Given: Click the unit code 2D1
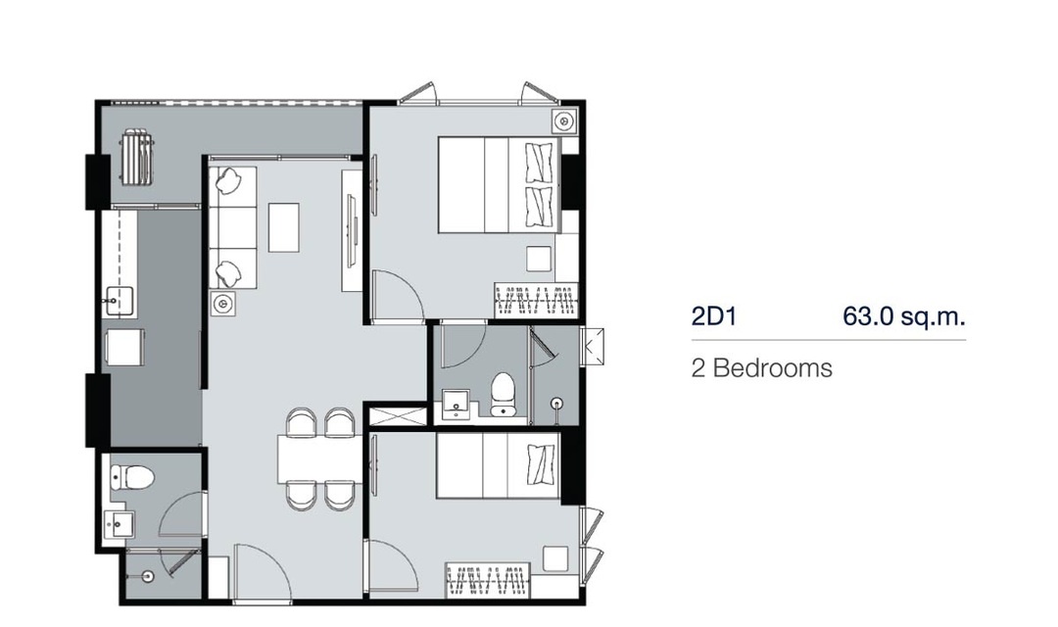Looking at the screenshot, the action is [x=713, y=316].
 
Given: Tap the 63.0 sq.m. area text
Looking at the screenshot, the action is [x=903, y=315].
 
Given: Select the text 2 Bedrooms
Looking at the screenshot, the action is [x=762, y=367].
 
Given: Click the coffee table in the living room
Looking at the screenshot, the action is [x=284, y=227].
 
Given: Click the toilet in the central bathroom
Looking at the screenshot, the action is [x=503, y=393].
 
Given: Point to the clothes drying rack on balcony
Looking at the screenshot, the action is [x=138, y=157].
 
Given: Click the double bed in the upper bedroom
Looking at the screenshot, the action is [x=500, y=185].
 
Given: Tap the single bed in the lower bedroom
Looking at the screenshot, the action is [x=498, y=465].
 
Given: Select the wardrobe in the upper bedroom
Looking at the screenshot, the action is [x=537, y=300].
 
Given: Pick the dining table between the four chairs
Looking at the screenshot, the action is [x=316, y=459].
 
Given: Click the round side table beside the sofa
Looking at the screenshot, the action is [x=221, y=305].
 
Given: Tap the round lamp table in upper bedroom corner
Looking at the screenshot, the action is [x=562, y=121].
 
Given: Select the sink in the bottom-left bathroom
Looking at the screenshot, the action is [x=120, y=525].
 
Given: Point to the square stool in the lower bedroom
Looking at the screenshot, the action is [x=555, y=558].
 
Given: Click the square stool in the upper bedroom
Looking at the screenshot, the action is [x=539, y=259].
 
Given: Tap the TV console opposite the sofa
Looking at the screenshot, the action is [x=352, y=231].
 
